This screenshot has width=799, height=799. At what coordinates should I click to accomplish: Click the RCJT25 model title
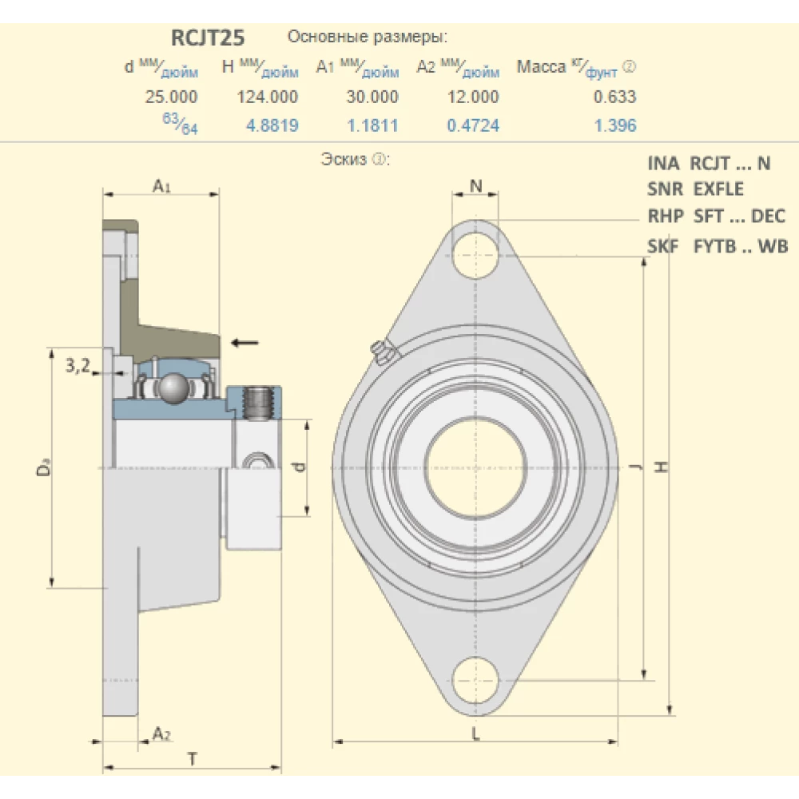point(207,38)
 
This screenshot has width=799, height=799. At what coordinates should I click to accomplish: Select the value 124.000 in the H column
point(268,97)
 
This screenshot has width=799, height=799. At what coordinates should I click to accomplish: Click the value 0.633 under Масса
point(616,97)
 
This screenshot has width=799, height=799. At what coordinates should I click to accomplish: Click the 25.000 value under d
point(171,97)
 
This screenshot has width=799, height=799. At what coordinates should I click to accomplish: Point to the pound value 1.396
point(616,125)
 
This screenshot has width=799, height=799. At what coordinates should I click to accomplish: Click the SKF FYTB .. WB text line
point(718,246)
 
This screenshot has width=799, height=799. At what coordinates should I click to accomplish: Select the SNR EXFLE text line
point(695,189)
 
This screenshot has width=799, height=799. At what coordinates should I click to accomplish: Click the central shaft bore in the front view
point(475,467)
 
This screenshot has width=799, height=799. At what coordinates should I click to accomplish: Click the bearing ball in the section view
point(173,388)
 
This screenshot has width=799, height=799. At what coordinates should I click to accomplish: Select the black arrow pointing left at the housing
point(244,343)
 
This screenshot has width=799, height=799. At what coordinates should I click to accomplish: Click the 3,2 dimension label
point(77,366)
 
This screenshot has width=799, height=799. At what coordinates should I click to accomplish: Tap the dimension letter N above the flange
point(475,185)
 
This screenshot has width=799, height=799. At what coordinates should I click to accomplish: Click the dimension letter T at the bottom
point(192,758)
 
